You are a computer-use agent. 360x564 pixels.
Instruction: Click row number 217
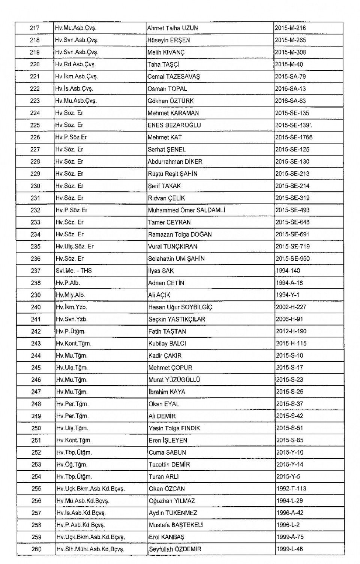click(34, 28)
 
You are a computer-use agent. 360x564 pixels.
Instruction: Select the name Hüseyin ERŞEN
click(168, 40)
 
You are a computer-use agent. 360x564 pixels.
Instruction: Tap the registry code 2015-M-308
click(290, 52)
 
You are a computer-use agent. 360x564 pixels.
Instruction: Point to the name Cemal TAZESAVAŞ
click(173, 76)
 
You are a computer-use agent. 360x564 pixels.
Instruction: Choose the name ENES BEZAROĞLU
click(174, 125)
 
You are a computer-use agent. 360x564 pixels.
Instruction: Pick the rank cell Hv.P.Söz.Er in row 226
click(71, 137)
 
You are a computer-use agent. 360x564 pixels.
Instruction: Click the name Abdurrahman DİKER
click(175, 162)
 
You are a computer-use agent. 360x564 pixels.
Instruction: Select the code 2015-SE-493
click(292, 210)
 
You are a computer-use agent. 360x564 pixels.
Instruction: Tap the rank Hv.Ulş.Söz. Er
click(75, 247)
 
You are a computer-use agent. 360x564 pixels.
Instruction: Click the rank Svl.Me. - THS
click(73, 271)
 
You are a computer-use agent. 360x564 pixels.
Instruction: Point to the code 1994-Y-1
click(288, 295)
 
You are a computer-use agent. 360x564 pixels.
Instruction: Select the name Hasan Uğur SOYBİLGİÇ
click(180, 307)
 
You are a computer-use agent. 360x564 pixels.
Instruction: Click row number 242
click(36, 331)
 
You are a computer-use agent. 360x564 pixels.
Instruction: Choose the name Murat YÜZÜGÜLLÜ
click(174, 380)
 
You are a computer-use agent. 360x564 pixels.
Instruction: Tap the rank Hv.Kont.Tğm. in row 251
click(74, 440)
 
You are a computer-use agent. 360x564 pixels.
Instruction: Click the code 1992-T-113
click(291, 489)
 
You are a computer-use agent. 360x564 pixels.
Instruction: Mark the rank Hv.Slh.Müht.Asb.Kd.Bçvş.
click(90, 549)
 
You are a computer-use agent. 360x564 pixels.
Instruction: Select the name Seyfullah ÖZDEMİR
click(175, 549)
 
